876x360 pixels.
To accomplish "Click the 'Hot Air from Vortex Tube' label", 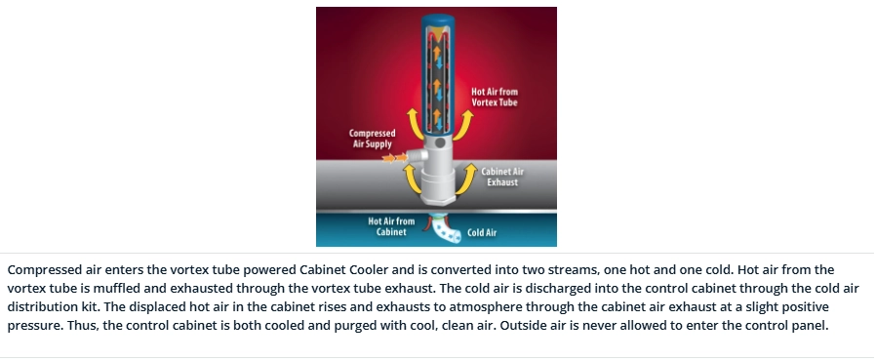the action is [495, 97].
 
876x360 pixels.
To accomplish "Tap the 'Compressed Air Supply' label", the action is [372, 139].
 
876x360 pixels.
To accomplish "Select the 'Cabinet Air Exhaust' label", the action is [502, 177].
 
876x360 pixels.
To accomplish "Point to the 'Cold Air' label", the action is [482, 232].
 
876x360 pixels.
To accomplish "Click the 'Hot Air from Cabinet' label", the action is [391, 226].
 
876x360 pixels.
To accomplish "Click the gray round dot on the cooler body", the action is [440, 143].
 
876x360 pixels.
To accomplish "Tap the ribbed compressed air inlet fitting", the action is [417, 155].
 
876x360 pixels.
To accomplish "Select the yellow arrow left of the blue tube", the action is [414, 124].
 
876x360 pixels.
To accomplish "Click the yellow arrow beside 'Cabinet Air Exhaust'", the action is [467, 179].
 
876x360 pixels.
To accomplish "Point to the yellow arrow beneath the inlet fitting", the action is [412, 179].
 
